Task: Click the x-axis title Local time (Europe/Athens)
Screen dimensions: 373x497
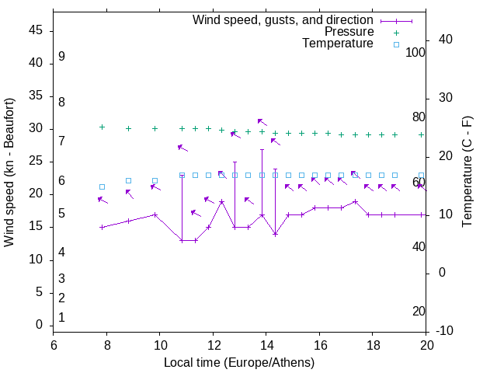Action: click(239, 363)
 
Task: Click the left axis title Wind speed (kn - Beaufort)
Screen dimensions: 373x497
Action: click(9, 173)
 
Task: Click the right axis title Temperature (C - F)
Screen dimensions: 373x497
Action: click(467, 173)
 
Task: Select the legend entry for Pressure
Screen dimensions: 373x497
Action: click(349, 32)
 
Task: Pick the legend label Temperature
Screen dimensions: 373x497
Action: click(337, 44)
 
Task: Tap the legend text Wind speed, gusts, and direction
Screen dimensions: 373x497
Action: click(283, 20)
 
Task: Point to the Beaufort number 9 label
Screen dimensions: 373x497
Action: click(61, 57)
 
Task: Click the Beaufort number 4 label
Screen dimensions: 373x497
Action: click(61, 252)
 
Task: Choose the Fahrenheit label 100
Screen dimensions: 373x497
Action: click(415, 52)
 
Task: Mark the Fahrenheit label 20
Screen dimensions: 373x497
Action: click(419, 311)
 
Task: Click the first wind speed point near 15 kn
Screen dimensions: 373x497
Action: click(102, 227)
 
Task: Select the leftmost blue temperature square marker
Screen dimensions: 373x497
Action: click(102, 186)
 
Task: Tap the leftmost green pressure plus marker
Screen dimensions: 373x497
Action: click(102, 127)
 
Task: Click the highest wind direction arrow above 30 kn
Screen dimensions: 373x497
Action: click(262, 121)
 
